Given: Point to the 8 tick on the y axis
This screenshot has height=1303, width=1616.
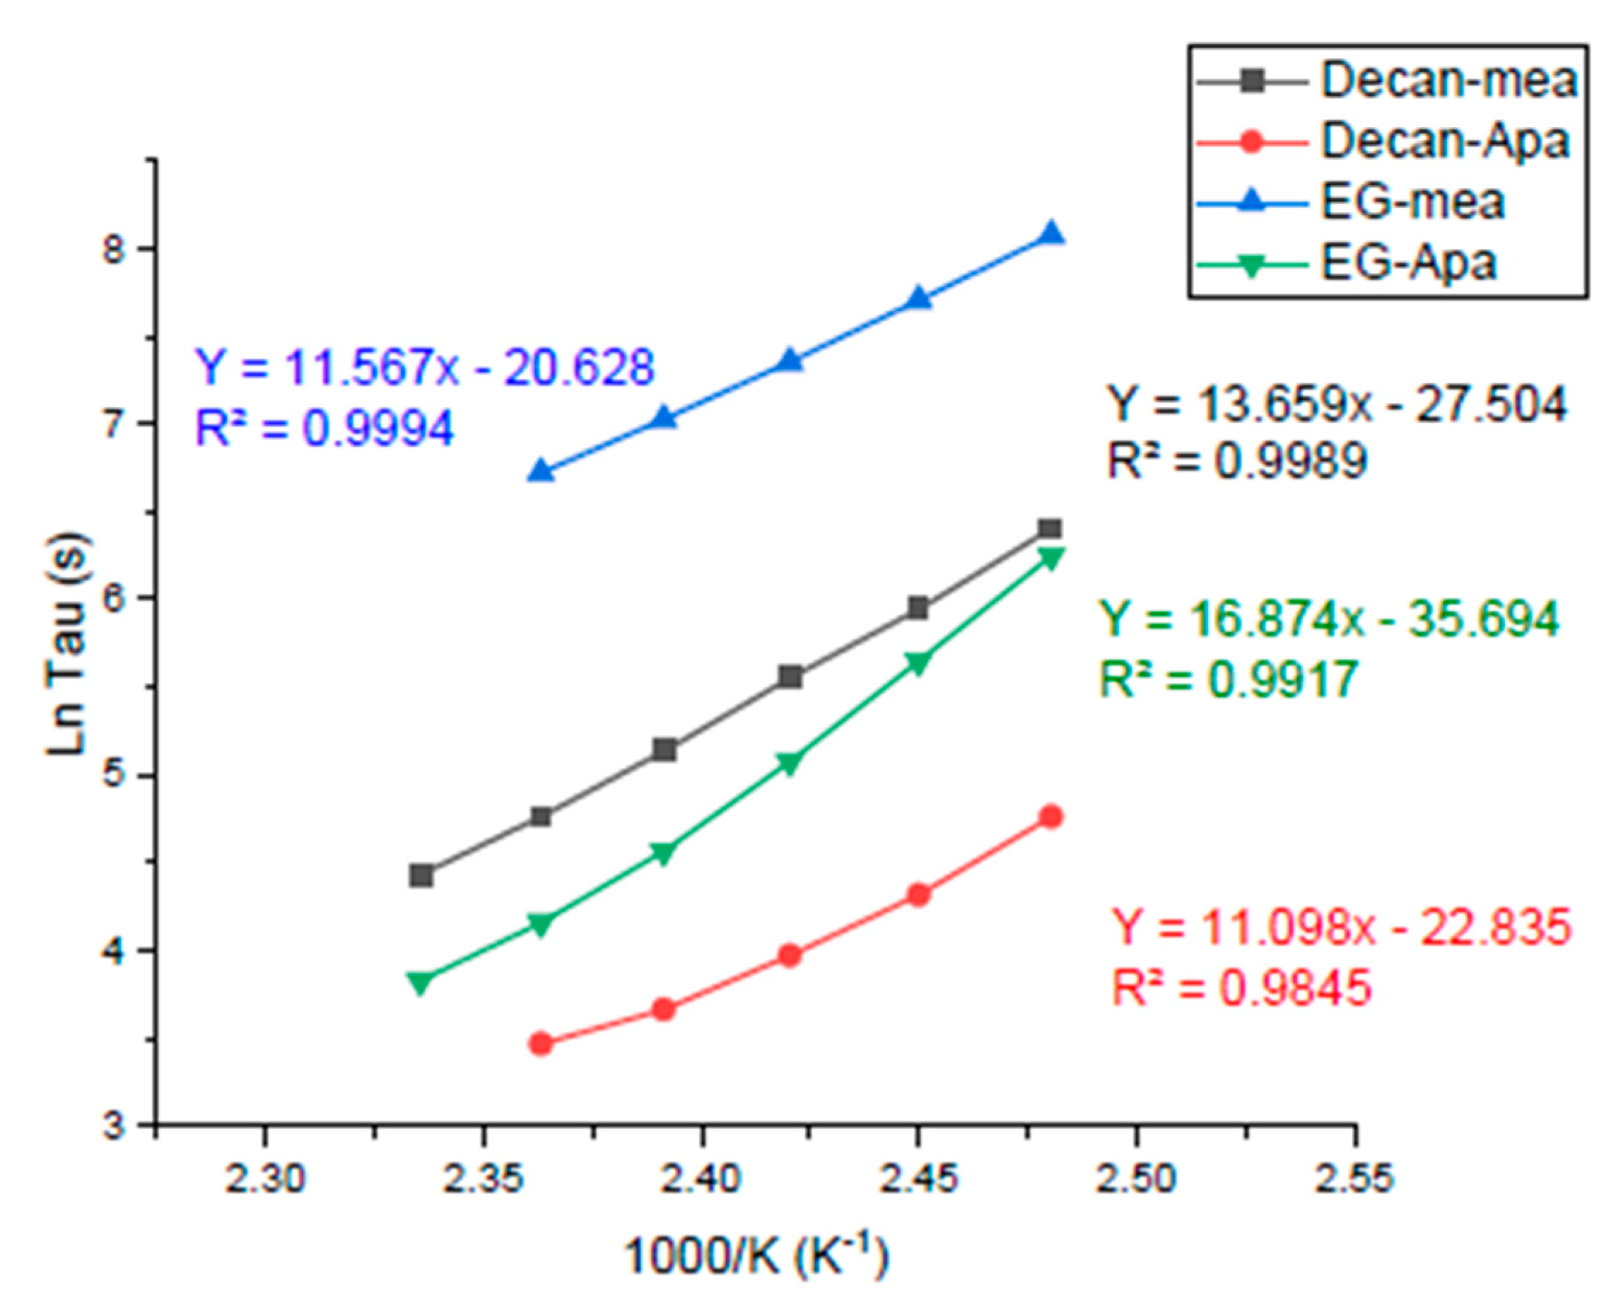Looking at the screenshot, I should point(117,248).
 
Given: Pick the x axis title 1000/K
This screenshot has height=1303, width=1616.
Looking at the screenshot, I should point(756,1255).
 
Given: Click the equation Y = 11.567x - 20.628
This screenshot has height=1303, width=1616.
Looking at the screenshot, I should point(425,368).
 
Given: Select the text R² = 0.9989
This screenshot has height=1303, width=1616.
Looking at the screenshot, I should point(1237,461).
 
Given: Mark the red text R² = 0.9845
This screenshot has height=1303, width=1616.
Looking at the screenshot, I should point(1241,988).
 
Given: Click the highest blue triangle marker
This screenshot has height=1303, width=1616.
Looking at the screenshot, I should point(1052,234).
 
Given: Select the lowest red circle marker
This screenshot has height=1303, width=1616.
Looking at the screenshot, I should point(540,1044).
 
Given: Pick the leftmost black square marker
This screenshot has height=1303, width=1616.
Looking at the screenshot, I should point(422,875).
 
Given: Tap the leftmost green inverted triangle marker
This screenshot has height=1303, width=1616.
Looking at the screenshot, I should point(422,982).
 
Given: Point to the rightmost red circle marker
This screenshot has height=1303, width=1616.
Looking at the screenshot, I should point(1052,816).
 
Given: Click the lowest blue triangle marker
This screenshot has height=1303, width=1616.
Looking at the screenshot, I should point(540,472).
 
